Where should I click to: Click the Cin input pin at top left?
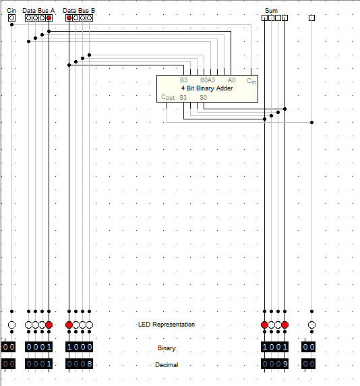12,18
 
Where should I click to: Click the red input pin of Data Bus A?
49,18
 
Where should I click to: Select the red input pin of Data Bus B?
69,18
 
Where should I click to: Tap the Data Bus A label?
38,11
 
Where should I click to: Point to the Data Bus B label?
79,11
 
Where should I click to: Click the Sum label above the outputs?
271,11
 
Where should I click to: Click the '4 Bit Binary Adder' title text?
207,88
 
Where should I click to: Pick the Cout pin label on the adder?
168,97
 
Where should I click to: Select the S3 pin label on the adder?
183,98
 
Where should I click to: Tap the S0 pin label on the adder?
203,98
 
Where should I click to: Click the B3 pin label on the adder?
183,80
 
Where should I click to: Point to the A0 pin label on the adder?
231,80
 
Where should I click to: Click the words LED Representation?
167,325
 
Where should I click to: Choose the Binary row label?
167,348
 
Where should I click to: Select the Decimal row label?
167,365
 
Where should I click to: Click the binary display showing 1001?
274,347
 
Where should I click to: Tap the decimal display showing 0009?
274,364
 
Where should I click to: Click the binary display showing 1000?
79,347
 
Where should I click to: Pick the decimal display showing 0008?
79,364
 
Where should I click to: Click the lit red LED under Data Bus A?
49,325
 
